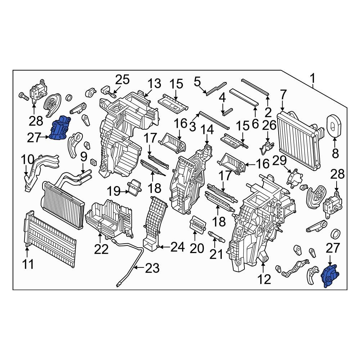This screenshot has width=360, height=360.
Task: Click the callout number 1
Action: coord(313,78)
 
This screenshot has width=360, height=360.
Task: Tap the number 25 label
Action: coord(122,80)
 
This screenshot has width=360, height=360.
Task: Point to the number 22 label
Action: coord(101,249)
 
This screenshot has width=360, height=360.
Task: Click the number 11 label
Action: coord(28,265)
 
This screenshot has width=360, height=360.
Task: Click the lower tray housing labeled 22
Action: coord(106,218)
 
